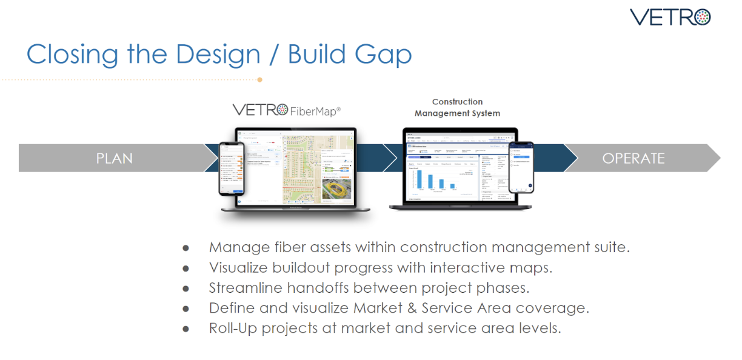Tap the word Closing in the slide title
tap(73, 55)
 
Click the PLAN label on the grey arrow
tap(114, 159)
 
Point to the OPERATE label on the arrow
tap(633, 159)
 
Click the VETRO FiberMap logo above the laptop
tap(286, 110)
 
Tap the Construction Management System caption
tap(457, 107)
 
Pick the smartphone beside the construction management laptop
tap(521, 168)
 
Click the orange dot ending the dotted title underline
tap(259, 79)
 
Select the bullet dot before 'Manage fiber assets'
tap(186, 248)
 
